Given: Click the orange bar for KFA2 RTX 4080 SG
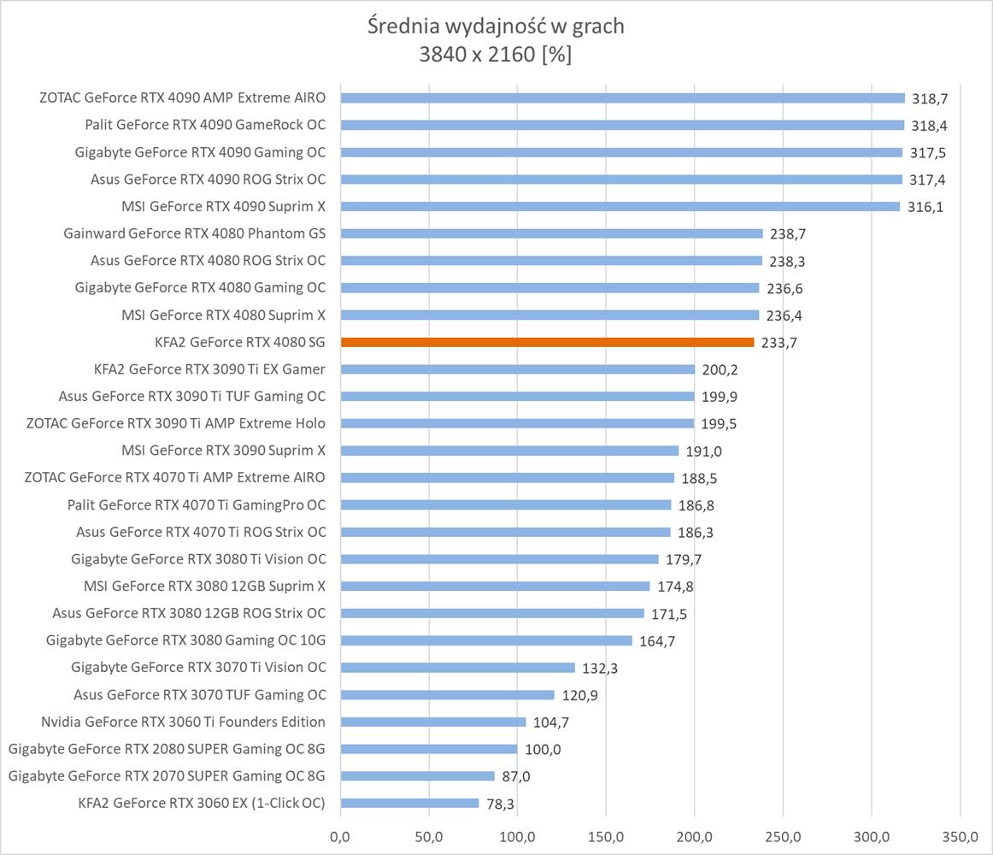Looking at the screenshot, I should click(x=547, y=342).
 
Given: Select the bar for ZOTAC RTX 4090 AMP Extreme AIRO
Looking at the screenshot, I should click(x=622, y=97).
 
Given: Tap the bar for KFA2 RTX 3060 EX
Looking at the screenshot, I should click(x=409, y=803).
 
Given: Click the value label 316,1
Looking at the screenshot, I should click(x=925, y=206).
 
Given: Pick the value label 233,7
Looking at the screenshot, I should click(x=779, y=342).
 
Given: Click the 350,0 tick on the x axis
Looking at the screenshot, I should click(x=960, y=835).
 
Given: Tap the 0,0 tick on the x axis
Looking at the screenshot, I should click(x=340, y=835).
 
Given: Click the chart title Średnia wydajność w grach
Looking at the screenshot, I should click(x=496, y=27).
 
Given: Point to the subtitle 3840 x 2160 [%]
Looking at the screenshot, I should click(x=496, y=55).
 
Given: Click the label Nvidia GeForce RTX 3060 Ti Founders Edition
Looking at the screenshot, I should click(x=183, y=722).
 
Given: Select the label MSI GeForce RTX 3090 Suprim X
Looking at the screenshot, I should click(x=223, y=450).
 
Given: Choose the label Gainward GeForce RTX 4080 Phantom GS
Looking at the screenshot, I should click(x=194, y=233).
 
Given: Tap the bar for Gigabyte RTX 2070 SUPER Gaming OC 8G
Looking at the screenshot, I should click(x=417, y=776).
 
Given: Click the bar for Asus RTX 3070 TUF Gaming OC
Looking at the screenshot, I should click(x=447, y=695).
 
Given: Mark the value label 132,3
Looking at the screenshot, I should click(x=599, y=668).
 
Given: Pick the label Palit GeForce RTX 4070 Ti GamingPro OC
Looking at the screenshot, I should click(x=197, y=504).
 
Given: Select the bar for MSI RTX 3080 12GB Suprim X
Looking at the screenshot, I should click(x=495, y=587).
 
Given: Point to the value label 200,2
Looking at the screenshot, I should click(x=720, y=369).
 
